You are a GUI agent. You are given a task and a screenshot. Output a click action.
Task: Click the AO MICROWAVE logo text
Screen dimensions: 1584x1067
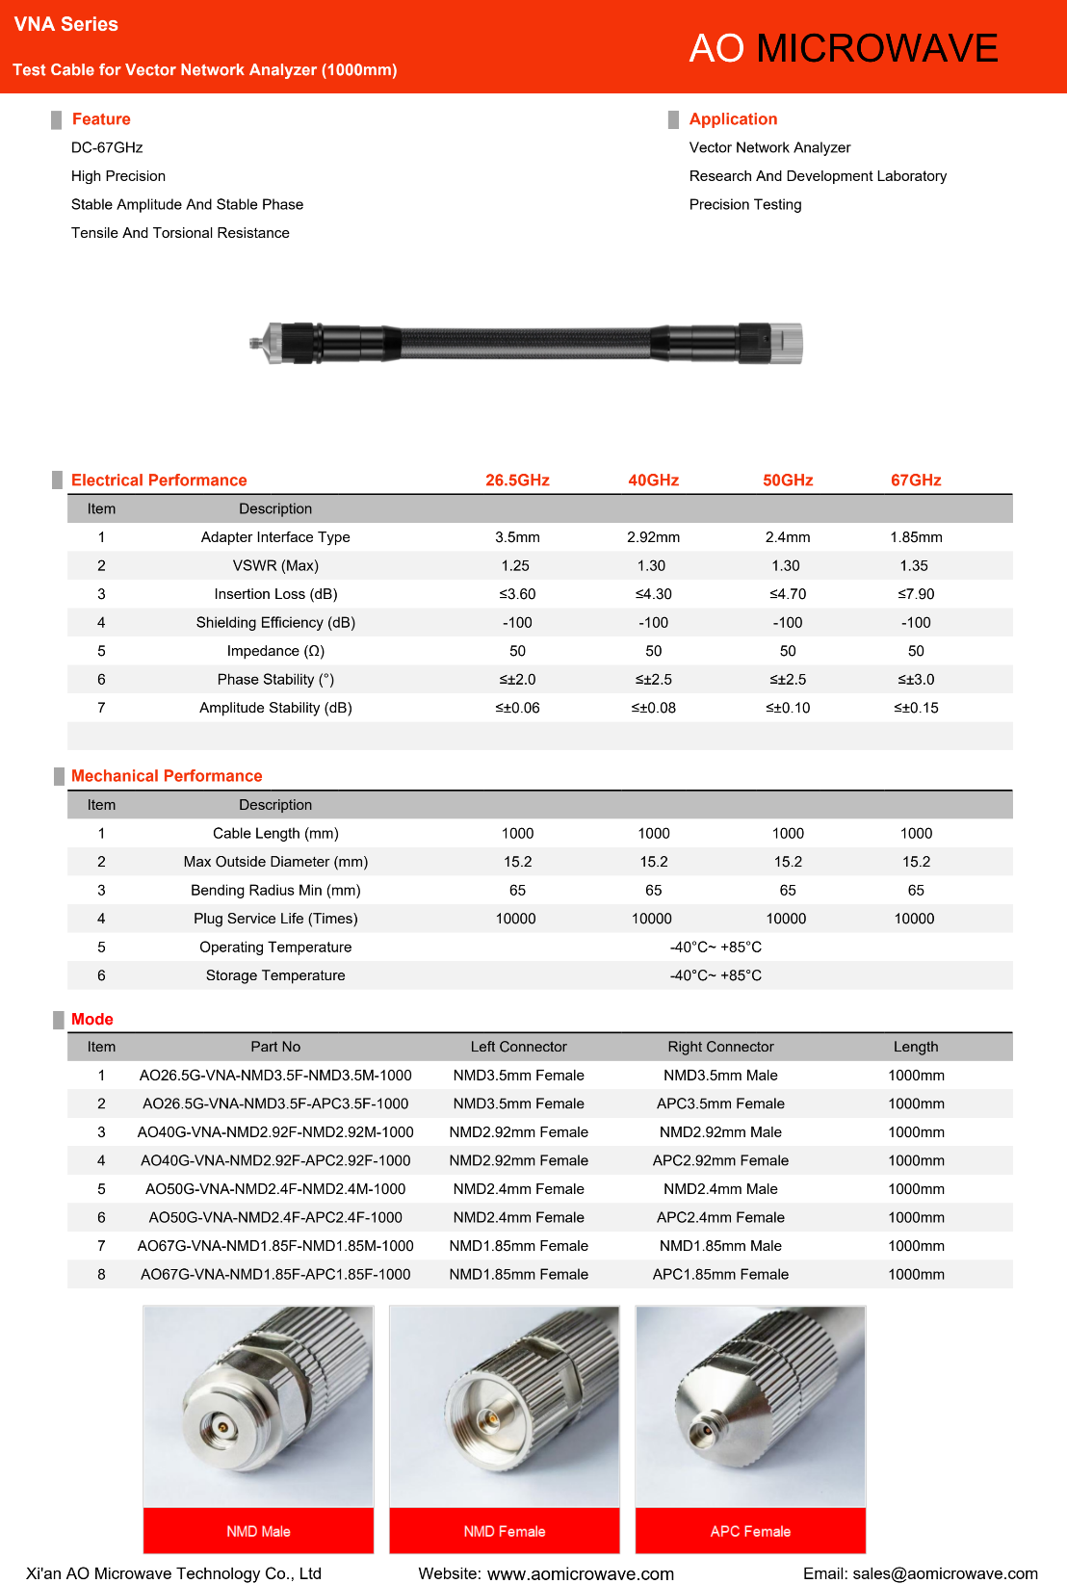844,48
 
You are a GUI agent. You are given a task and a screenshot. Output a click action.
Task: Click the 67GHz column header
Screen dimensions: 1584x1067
916,480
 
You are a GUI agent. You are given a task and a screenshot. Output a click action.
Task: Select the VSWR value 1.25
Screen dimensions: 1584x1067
516,565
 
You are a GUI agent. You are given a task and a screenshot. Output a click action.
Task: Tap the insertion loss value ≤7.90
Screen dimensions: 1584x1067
916,594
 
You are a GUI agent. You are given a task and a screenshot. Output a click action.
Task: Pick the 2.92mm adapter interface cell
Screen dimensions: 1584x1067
653,537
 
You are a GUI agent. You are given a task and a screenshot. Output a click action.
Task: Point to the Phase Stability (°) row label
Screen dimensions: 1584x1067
275,680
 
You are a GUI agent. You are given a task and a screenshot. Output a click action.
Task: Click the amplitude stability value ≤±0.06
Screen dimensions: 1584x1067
517,708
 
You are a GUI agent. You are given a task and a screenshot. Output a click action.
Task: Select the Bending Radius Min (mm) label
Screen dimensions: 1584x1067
275,891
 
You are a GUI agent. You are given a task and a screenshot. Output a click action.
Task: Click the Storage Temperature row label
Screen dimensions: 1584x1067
275,975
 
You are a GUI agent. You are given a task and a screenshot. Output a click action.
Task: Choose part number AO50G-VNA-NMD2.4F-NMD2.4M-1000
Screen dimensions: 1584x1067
275,1189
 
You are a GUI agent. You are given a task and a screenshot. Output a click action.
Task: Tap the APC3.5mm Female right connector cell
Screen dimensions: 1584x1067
720,1104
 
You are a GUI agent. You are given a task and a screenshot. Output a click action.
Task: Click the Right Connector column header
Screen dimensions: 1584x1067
720,1047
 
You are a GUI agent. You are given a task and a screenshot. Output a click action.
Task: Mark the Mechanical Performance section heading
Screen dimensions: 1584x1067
167,776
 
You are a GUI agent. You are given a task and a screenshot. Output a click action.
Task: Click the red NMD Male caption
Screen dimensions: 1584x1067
258,1531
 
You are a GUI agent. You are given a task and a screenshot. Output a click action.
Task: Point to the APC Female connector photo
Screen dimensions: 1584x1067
750,1406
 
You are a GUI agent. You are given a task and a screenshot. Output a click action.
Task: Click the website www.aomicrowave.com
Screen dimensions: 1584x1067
580,1573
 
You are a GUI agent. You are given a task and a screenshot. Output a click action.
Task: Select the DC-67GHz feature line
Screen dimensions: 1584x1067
107,147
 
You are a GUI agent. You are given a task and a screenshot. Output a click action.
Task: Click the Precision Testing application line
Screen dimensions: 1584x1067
745,204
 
